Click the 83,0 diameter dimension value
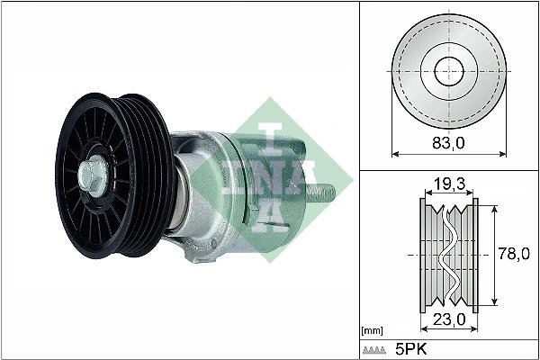point(447,141)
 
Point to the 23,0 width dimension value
point(448,318)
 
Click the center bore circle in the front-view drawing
point(447,71)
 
